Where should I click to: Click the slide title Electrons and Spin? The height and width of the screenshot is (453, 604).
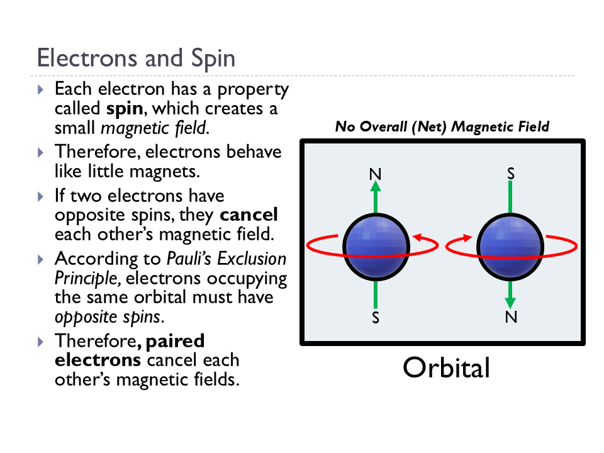tap(136, 58)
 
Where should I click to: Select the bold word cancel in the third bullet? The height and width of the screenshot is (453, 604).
tap(249, 215)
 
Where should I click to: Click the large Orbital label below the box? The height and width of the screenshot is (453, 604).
tap(446, 368)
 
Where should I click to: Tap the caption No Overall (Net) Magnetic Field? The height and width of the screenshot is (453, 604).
tap(442, 126)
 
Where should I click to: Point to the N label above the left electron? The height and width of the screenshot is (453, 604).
tap(375, 174)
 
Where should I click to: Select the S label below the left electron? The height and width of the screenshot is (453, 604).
tap(376, 318)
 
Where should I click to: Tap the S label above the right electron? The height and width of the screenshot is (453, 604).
tap(510, 172)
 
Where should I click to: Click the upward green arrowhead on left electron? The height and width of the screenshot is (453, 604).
tap(376, 187)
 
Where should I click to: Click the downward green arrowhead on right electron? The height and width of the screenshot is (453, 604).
tap(510, 303)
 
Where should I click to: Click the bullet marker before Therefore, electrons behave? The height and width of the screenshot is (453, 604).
tap(41, 152)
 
